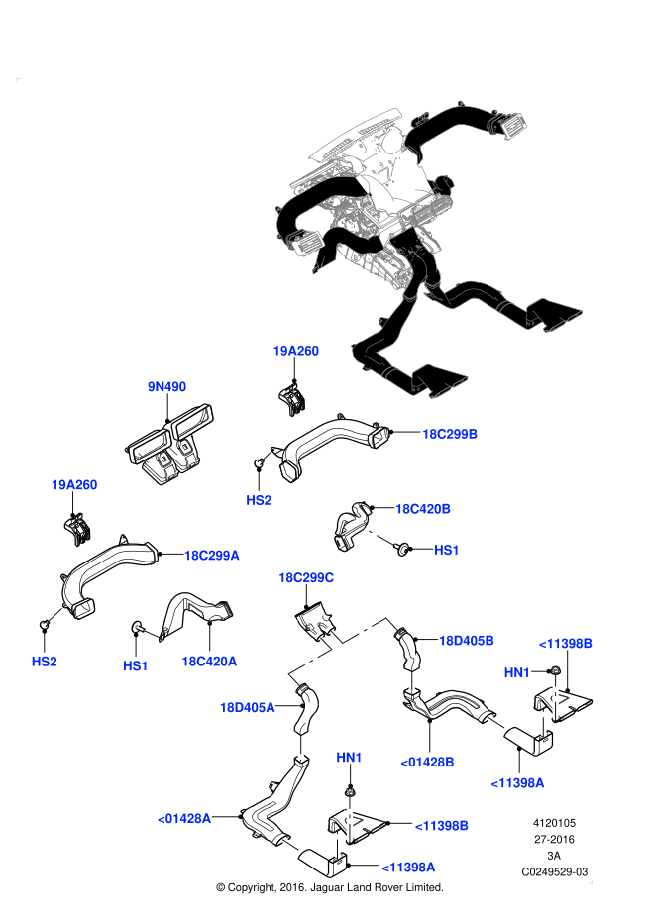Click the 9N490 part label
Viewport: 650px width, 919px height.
click(166, 387)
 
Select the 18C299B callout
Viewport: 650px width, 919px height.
click(450, 434)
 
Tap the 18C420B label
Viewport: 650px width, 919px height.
click(423, 509)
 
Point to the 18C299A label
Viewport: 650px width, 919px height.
click(211, 556)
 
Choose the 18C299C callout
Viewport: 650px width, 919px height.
click(306, 578)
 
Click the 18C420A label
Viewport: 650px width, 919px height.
click(209, 662)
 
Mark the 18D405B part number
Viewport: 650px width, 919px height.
click(467, 641)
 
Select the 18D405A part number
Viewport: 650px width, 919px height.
click(247, 707)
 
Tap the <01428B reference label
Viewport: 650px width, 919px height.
click(427, 762)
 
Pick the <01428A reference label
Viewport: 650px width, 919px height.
click(184, 819)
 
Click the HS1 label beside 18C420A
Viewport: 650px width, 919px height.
click(136, 666)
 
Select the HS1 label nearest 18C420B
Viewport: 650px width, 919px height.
click(447, 550)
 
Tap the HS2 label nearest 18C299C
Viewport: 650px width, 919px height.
click(259, 500)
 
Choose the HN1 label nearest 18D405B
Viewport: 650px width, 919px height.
click(517, 673)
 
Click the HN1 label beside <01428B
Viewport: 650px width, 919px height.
click(349, 758)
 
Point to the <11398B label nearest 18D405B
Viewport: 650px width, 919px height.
click(566, 644)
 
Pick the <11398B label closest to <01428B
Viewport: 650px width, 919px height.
click(441, 826)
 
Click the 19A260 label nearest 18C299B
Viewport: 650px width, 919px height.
click(296, 351)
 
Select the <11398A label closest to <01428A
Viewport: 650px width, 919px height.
click(408, 868)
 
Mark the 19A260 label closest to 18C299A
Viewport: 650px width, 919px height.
click(74, 485)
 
